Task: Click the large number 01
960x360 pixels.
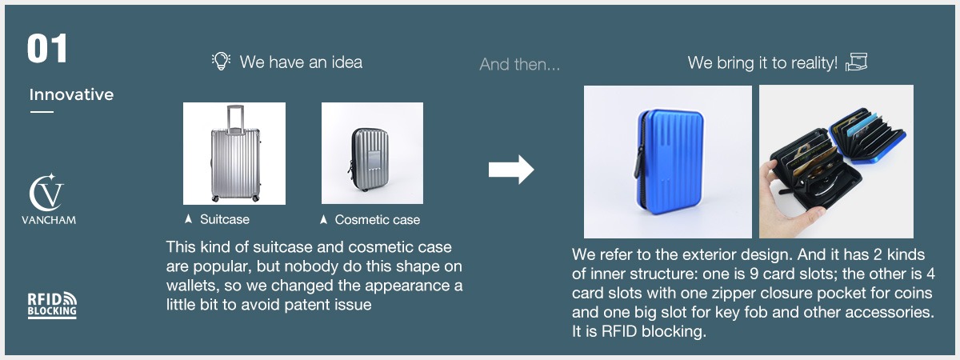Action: pyautogui.click(x=47, y=49)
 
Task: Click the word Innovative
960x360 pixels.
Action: pyautogui.click(x=71, y=94)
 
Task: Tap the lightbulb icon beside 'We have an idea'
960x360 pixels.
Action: pyautogui.click(x=221, y=62)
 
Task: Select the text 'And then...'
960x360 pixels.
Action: pyautogui.click(x=519, y=64)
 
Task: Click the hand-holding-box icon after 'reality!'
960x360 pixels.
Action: pyautogui.click(x=856, y=62)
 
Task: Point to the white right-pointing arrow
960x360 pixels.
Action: pyautogui.click(x=511, y=170)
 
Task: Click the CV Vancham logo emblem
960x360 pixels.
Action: pyautogui.click(x=46, y=193)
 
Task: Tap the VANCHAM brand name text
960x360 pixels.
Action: pyautogui.click(x=49, y=220)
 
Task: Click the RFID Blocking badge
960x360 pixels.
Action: pyautogui.click(x=52, y=305)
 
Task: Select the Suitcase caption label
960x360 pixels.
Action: pyautogui.click(x=225, y=219)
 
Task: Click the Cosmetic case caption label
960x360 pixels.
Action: pyautogui.click(x=377, y=220)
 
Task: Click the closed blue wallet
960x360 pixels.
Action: pyautogui.click(x=670, y=161)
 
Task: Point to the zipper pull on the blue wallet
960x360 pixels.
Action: pyautogui.click(x=639, y=162)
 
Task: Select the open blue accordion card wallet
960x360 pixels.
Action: pyautogui.click(x=866, y=135)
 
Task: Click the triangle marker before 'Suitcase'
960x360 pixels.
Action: pyautogui.click(x=188, y=219)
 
